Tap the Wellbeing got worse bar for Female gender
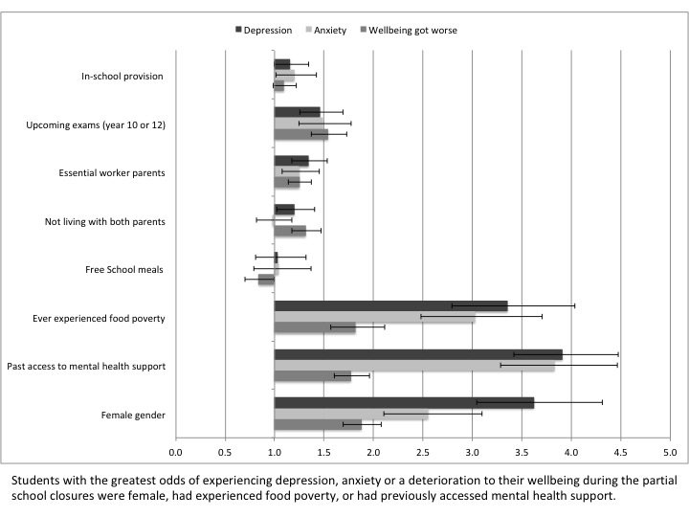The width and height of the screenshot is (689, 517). click(318, 425)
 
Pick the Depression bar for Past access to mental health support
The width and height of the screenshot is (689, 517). click(418, 354)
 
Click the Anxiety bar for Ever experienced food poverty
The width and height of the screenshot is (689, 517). click(374, 318)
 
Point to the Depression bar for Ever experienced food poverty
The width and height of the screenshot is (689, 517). click(390, 306)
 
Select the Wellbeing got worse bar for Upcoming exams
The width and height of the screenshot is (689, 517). click(300, 135)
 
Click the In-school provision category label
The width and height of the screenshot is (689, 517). click(123, 76)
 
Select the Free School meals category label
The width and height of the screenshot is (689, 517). click(125, 269)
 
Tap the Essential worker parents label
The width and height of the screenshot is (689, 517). click(112, 172)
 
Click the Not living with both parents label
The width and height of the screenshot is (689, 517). click(105, 221)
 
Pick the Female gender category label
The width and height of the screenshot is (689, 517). click(133, 415)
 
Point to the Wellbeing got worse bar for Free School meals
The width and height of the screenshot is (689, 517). click(266, 280)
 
